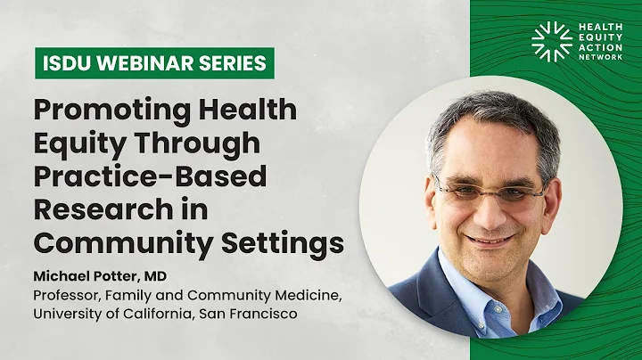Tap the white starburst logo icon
point(550,41)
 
